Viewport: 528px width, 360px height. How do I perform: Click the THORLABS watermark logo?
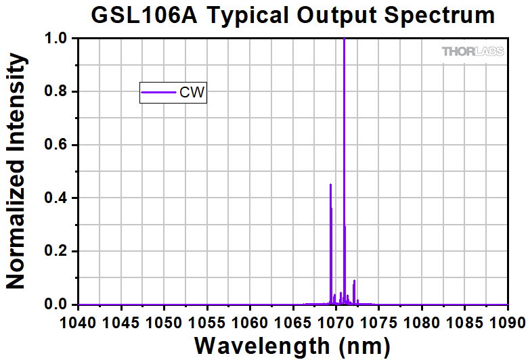(470, 51)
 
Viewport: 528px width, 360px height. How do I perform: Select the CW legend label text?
(192, 92)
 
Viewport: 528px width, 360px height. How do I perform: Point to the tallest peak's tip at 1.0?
(344, 40)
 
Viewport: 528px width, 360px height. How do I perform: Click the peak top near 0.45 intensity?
(330, 185)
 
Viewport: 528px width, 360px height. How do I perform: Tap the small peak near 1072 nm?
(354, 281)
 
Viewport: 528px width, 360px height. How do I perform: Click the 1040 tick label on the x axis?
(79, 319)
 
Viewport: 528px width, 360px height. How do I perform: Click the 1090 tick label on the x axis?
(507, 319)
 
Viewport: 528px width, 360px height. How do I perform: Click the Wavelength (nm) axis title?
(292, 345)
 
